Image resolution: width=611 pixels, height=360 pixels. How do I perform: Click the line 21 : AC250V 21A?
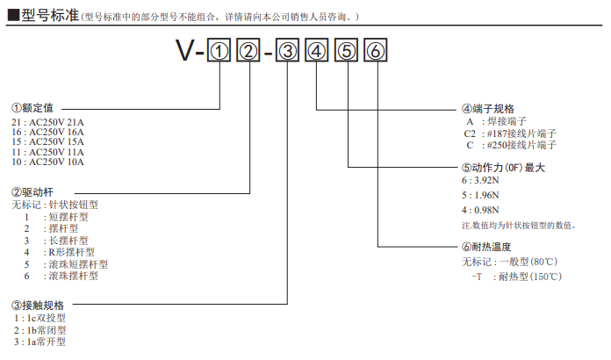(x=48, y=121)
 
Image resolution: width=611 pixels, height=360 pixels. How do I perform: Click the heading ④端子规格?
(x=488, y=108)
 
